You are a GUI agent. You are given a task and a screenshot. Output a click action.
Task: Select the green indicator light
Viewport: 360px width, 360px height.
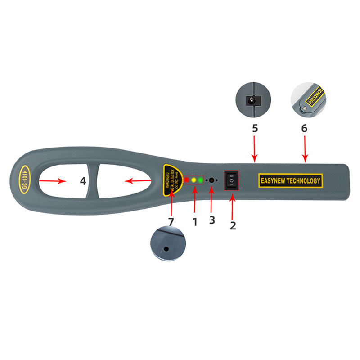pos(201,180)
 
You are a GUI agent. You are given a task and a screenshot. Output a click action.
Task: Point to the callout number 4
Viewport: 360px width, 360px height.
pos(83,181)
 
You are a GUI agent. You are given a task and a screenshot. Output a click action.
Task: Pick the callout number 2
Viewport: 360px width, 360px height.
pos(233,225)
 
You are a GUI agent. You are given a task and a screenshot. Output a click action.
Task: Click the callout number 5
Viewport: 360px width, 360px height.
pos(255,128)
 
